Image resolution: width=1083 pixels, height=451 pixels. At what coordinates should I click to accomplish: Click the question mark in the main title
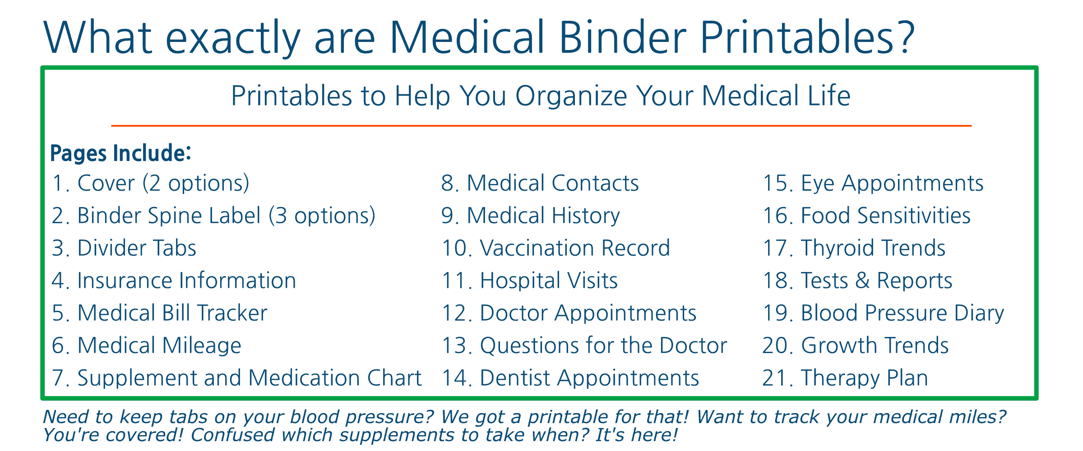(x=901, y=37)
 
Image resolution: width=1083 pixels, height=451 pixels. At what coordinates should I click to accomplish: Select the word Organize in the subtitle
(x=571, y=97)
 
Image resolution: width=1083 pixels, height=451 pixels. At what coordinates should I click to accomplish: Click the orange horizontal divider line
(x=541, y=126)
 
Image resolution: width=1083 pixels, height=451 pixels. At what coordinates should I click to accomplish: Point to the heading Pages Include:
(x=120, y=153)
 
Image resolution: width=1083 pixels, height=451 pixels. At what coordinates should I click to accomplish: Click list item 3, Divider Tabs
(x=124, y=248)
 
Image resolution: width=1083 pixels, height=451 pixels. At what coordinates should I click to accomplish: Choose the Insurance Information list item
(x=174, y=281)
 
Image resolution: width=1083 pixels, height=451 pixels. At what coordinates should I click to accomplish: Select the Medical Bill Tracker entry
(x=160, y=313)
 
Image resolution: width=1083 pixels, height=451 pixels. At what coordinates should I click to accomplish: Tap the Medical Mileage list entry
(x=147, y=346)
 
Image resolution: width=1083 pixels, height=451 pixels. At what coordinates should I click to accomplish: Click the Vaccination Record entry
(x=556, y=248)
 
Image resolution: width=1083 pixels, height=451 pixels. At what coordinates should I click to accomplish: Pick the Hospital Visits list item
(x=530, y=281)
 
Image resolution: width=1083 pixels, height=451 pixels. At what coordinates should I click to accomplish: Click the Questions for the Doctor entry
(x=584, y=346)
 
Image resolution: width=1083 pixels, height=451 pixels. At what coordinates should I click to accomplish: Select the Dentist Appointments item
(x=570, y=378)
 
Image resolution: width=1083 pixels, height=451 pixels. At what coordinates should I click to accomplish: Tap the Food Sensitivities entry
(x=867, y=216)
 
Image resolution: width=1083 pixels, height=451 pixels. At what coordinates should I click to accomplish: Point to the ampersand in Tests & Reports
(x=862, y=281)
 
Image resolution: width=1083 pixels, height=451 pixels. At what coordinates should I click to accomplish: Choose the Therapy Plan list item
(x=845, y=378)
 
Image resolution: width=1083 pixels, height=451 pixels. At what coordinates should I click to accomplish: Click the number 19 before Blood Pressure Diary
(x=778, y=313)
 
